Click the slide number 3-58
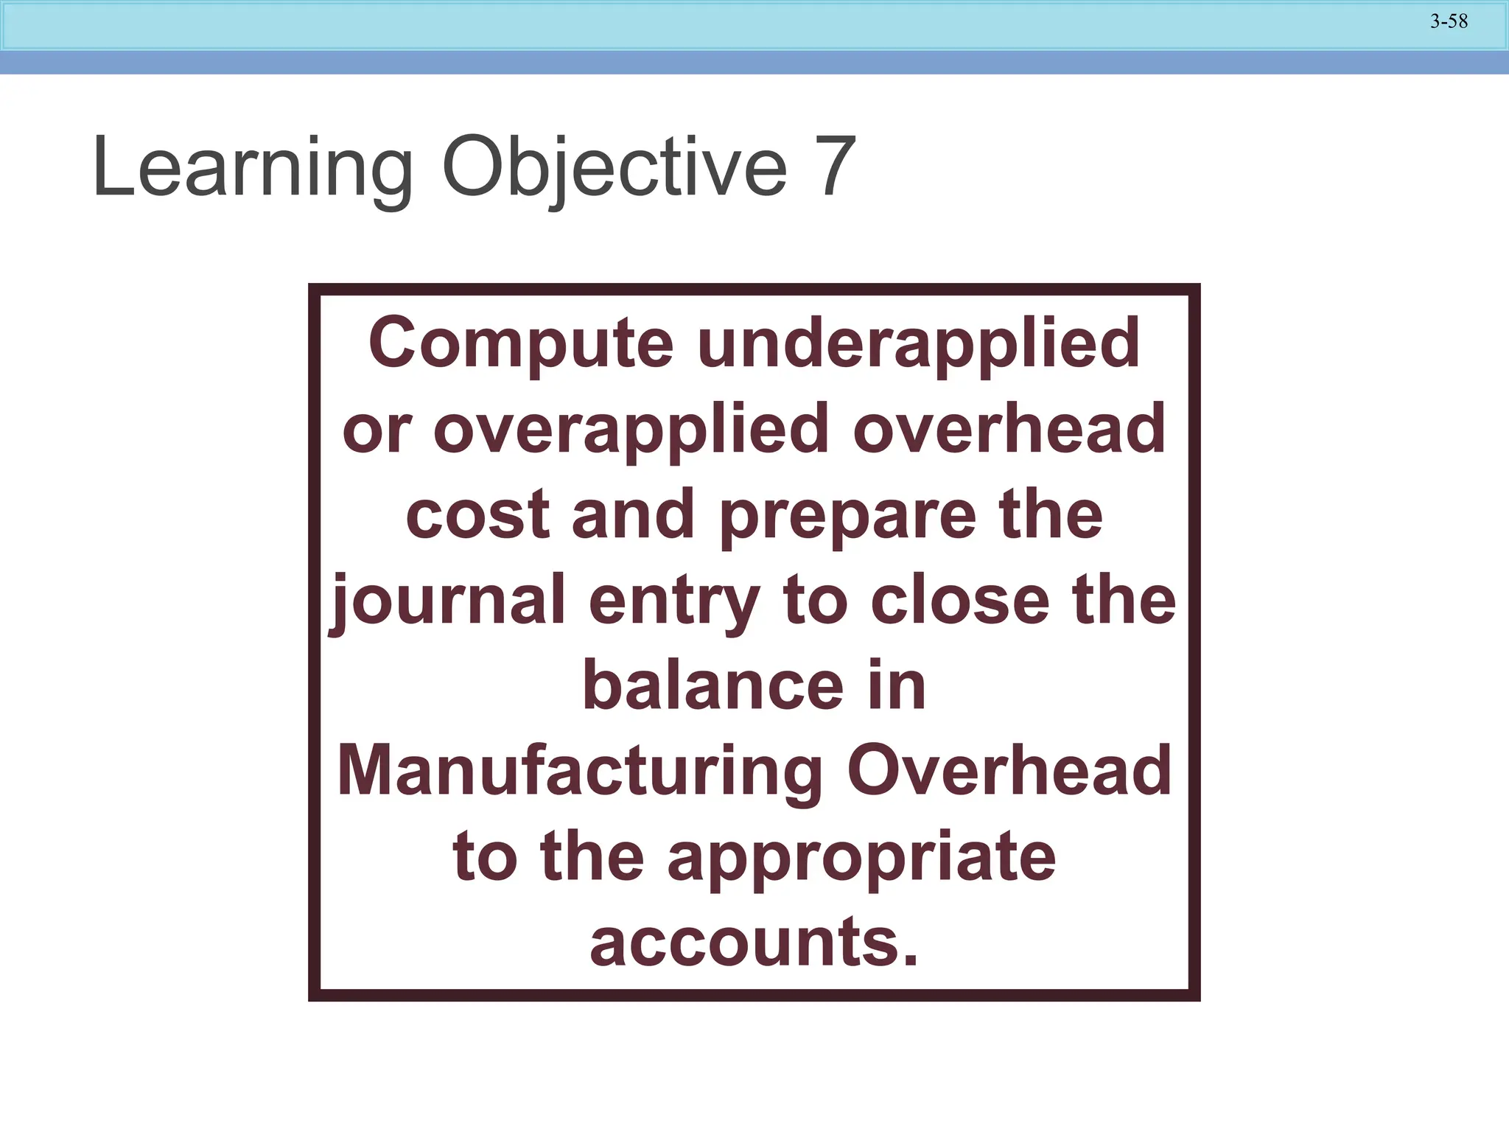1449,21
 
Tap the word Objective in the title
615,168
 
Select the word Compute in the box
521,343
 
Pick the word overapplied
631,429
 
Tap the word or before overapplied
376,430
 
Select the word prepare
847,516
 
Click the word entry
674,601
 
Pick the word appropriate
861,858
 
